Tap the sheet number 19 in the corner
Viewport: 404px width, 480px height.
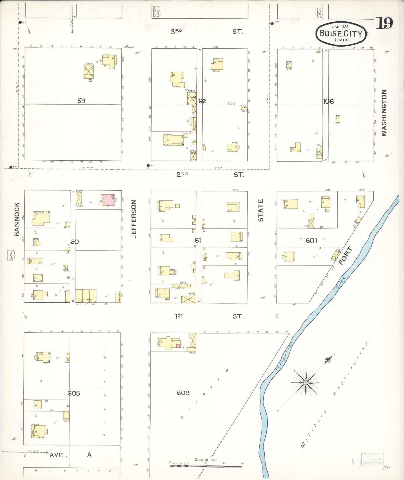(384, 24)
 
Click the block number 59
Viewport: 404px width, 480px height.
(81, 101)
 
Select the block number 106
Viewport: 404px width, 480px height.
(328, 101)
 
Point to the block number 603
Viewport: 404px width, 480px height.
(74, 393)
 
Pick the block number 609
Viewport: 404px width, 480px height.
(183, 393)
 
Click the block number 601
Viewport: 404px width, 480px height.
(312, 241)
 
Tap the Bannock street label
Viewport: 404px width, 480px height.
(17, 219)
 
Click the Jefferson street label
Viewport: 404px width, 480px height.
(134, 219)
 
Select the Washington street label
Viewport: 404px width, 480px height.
(384, 113)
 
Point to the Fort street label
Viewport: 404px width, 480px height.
(346, 256)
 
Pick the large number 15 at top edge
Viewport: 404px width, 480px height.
(156, 12)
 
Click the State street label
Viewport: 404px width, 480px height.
(261, 210)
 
